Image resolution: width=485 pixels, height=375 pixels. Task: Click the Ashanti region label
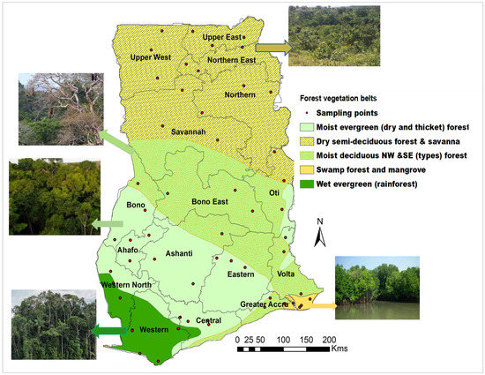185,254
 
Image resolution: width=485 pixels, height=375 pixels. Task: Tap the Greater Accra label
267,306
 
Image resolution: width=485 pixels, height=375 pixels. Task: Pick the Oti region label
274,193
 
